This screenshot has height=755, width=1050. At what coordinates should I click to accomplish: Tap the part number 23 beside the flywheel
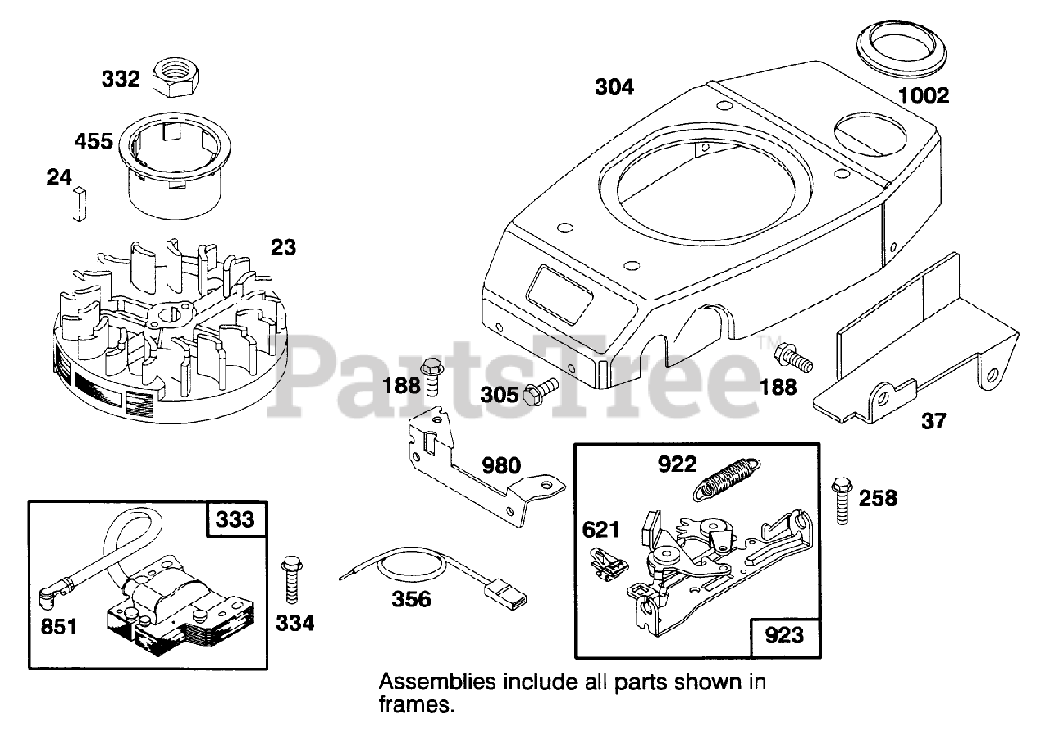[x=283, y=246]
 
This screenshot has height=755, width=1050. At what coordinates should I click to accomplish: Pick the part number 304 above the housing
[x=614, y=86]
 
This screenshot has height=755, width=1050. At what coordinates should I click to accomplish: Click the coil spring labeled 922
[x=727, y=479]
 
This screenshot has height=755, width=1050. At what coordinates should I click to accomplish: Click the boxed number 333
[x=235, y=519]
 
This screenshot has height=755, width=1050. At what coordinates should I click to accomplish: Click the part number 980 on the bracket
[x=501, y=465]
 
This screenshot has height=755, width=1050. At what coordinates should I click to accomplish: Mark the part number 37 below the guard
[x=933, y=422]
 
